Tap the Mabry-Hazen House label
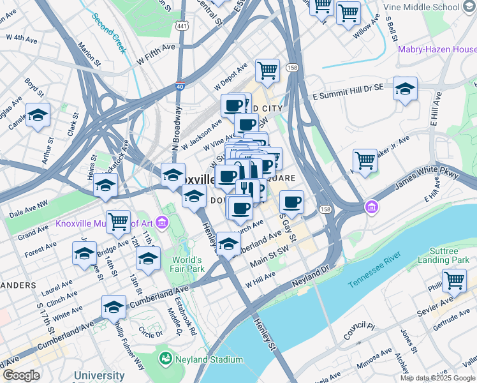click(436, 49)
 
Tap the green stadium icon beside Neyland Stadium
click(166, 359)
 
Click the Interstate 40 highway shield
click(179, 86)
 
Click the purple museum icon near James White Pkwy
click(371, 207)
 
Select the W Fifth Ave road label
click(155, 58)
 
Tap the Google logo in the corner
click(21, 375)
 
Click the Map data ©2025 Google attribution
click(437, 378)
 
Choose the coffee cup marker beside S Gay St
click(291, 202)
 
